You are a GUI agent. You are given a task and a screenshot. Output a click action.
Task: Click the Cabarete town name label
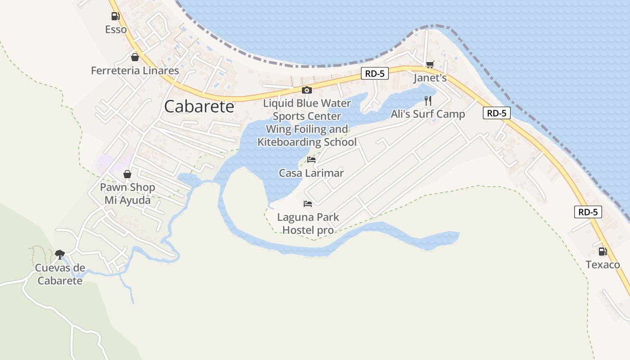click(x=199, y=107)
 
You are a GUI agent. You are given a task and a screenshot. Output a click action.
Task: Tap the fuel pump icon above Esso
click(x=116, y=17)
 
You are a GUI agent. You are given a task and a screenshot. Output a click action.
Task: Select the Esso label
click(x=116, y=30)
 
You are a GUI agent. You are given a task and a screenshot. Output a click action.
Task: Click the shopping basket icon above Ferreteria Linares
click(x=135, y=57)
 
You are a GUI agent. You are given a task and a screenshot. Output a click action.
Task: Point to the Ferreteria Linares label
click(x=135, y=71)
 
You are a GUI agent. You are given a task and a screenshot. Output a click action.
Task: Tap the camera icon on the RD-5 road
click(x=306, y=90)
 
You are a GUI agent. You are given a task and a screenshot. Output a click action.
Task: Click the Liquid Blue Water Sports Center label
click(x=307, y=110)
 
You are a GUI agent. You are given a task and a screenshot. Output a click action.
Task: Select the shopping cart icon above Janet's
click(x=430, y=65)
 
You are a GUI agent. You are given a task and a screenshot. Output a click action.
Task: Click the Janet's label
click(x=430, y=78)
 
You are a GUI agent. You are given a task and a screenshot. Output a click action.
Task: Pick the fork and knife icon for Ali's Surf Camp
click(x=427, y=100)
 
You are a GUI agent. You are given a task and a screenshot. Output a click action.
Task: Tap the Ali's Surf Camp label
click(x=427, y=114)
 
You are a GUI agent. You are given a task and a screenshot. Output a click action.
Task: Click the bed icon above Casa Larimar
click(x=311, y=159)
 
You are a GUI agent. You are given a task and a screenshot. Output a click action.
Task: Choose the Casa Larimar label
click(x=311, y=173)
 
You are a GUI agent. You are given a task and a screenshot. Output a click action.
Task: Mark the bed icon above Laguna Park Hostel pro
click(x=308, y=204)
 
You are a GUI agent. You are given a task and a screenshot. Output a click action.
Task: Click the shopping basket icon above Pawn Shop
click(x=127, y=174)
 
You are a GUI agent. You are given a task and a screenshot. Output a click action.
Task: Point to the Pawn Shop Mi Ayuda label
click(x=127, y=193)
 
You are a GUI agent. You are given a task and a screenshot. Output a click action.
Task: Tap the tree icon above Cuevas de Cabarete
click(x=59, y=255)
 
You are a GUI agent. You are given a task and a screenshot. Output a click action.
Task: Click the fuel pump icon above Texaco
click(x=603, y=252)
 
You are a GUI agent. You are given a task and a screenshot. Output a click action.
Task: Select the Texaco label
click(x=603, y=265)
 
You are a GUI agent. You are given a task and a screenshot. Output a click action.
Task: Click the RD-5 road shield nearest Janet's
click(x=374, y=74)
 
